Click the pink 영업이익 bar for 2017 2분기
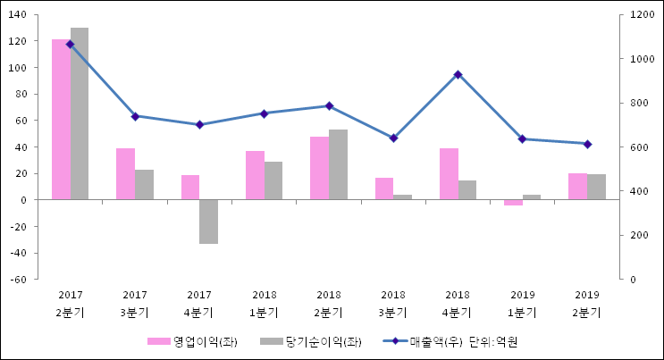(x=61, y=120)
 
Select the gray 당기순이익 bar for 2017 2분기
(x=80, y=113)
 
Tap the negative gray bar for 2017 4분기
(x=208, y=222)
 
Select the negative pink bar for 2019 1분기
(x=513, y=203)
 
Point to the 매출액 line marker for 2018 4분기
(x=458, y=75)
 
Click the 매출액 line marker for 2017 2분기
(x=71, y=44)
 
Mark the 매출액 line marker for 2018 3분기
(x=393, y=138)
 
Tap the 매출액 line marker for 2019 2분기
(x=587, y=144)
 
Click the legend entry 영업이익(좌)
(x=192, y=341)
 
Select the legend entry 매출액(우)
(x=428, y=341)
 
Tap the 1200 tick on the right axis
(x=642, y=15)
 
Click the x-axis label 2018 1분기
(x=264, y=304)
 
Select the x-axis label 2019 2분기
(x=587, y=304)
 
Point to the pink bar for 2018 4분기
(x=449, y=174)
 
